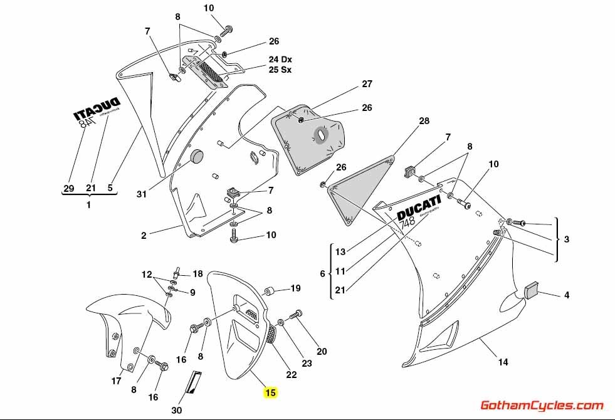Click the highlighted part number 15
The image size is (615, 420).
(x=270, y=393)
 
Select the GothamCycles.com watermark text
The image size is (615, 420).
(x=542, y=406)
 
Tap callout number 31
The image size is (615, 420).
(x=142, y=195)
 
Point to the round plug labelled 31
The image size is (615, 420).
(x=198, y=157)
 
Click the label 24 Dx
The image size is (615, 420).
(x=280, y=60)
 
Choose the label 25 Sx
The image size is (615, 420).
(x=280, y=70)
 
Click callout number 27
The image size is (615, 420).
(x=367, y=84)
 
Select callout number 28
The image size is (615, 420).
(x=424, y=120)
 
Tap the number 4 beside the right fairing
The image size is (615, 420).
(x=566, y=294)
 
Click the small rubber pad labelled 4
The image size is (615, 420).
(x=532, y=290)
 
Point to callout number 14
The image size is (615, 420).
(x=503, y=362)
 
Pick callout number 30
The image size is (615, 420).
(x=177, y=411)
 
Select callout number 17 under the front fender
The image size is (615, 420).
(x=117, y=381)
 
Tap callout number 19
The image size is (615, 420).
(x=295, y=289)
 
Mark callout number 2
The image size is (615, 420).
(x=144, y=236)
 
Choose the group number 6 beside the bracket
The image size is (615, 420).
(x=322, y=274)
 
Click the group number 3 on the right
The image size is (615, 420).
(x=566, y=239)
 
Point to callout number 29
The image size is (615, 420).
(x=68, y=187)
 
